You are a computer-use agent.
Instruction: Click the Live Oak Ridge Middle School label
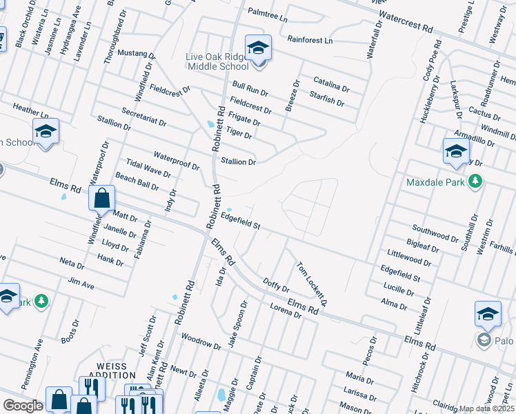(217, 61)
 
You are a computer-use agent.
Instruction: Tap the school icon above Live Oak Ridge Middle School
(259, 48)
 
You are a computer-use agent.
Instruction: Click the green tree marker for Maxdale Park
(475, 181)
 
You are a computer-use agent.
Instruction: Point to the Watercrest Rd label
(405, 23)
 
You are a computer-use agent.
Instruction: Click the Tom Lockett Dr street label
(310, 284)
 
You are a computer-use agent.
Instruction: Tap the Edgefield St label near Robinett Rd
(240, 221)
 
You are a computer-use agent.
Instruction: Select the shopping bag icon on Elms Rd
(101, 199)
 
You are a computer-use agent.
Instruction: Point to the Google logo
(23, 405)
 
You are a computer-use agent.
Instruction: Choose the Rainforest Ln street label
(310, 40)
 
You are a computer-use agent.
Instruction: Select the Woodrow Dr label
(200, 341)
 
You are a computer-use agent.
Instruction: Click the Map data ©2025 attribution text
(487, 408)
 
